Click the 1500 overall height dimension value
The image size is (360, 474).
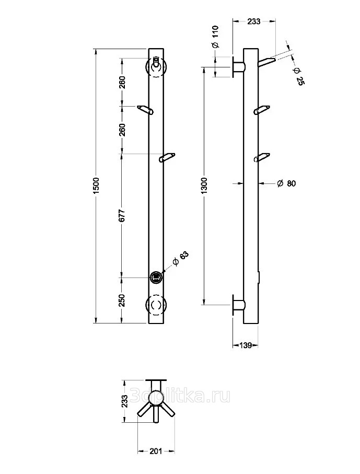tap(96, 186)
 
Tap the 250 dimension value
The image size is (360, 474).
tap(122, 300)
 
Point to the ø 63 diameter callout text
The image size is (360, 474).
tap(181, 258)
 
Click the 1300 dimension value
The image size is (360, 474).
tap(205, 186)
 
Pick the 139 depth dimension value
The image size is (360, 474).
tap(245, 345)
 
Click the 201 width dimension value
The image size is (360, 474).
tap(157, 451)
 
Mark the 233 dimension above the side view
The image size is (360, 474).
tap(253, 21)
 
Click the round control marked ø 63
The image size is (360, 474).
tap(156, 278)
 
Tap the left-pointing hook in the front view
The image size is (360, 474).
tap(145, 109)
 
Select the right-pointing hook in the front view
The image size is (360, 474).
tap(168, 157)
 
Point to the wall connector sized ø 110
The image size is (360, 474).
tap(238, 67)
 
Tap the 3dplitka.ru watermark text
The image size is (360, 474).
tap(182, 397)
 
